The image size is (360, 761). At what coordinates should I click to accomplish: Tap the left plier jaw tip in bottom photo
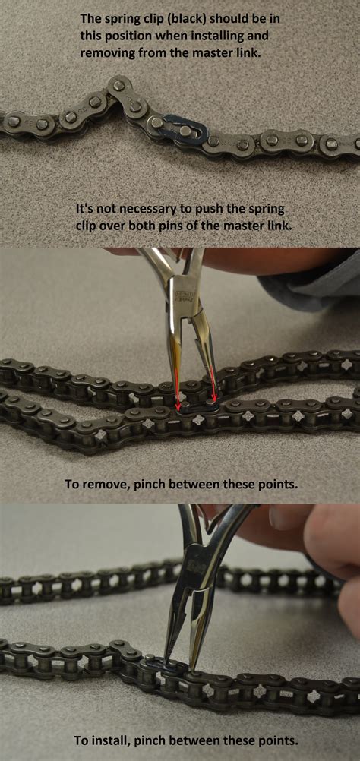click(166, 662)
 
